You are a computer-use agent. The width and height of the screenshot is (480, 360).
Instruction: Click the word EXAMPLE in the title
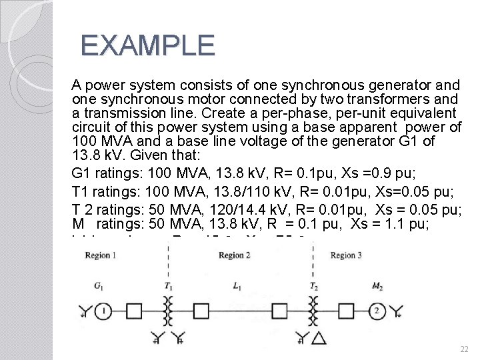point(147,45)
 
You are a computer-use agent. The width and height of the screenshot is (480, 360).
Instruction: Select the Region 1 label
point(101,255)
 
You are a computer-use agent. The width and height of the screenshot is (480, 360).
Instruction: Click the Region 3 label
point(347,255)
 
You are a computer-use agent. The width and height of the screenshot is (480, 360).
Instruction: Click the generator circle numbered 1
point(104,311)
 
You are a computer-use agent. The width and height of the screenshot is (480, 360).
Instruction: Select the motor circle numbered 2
point(377,311)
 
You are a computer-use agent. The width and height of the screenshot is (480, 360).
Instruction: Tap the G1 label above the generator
point(98,286)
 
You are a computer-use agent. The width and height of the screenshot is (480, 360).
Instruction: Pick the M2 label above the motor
point(377,286)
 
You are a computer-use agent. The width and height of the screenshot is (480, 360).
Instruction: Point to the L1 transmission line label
point(237,286)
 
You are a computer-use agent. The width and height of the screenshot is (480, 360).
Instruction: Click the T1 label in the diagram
point(168,286)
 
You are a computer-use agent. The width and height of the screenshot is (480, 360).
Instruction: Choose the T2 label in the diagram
point(313,286)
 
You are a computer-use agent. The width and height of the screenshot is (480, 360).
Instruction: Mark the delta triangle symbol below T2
point(319,339)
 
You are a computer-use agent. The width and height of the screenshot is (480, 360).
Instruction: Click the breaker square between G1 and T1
point(134,311)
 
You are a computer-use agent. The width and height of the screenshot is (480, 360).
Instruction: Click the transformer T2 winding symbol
point(313,311)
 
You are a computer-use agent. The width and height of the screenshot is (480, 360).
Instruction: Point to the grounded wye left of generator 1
point(85,311)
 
